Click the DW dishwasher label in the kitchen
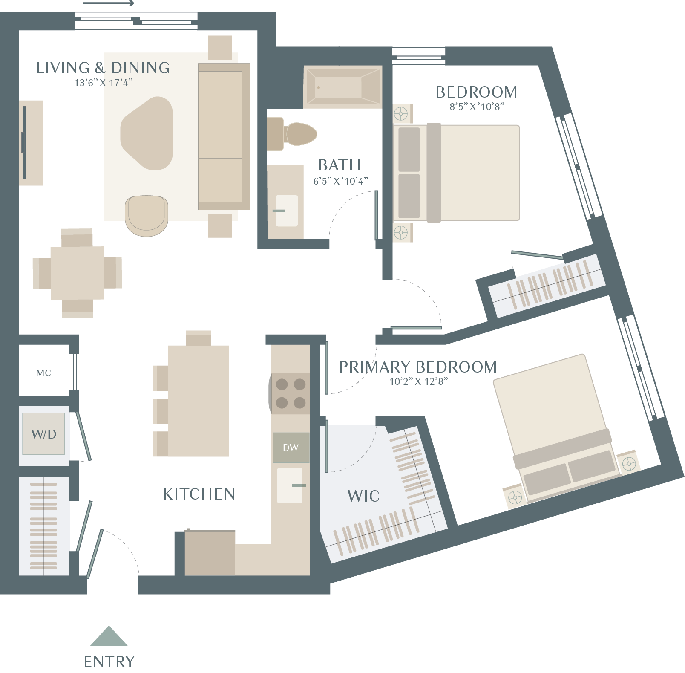[x=291, y=448]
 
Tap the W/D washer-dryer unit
[x=43, y=433]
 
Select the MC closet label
[x=44, y=373]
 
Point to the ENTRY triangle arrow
[x=109, y=635]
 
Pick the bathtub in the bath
[x=342, y=87]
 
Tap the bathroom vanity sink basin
[x=286, y=211]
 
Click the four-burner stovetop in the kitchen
[x=291, y=393]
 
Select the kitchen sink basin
[x=290, y=485]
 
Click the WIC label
[x=363, y=496]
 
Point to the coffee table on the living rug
[x=147, y=133]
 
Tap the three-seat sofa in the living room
[x=224, y=136]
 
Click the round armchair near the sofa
[x=147, y=216]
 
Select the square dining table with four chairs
[x=77, y=273]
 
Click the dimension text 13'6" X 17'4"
[x=104, y=83]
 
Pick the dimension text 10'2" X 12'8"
[x=419, y=381]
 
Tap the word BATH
[x=340, y=165]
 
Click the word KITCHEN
[x=199, y=494]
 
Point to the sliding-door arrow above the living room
[x=109, y=3]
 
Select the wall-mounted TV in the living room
[x=24, y=142]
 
